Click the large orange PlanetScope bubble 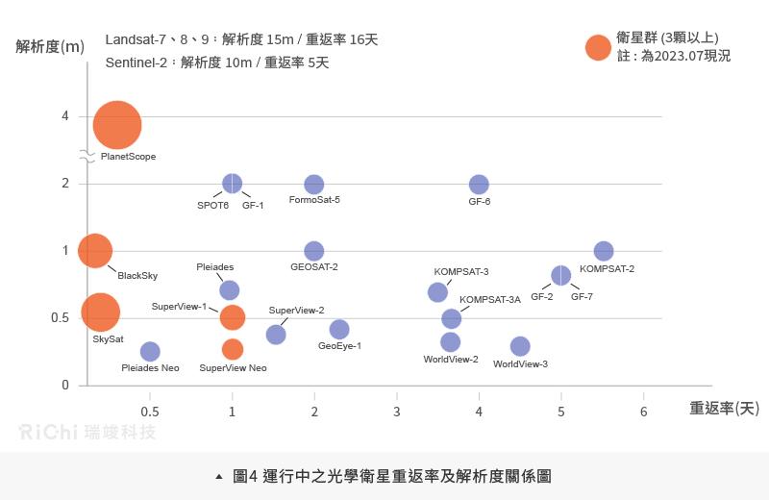coord(117,124)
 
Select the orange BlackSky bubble coord(94,251)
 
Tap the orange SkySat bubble coord(100,311)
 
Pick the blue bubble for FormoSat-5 coord(314,184)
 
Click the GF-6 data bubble coord(479,184)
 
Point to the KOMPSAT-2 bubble coord(604,251)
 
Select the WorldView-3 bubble coord(520,346)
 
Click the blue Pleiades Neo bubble coord(150,352)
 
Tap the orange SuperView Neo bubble coord(233,348)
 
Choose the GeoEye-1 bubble coord(339,330)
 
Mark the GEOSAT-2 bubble coord(314,251)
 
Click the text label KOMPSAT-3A coord(490,300)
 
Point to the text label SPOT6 coord(212,205)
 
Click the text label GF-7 coord(582,297)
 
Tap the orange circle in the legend coord(598,47)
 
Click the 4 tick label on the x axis coord(479,412)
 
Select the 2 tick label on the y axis coord(65,184)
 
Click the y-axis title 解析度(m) coord(50,46)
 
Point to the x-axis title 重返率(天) coord(724,409)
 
